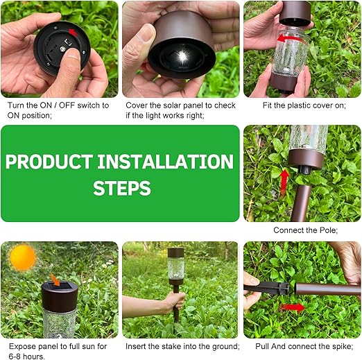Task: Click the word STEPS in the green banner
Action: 122,188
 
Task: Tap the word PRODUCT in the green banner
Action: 49,162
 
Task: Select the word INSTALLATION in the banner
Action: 165,162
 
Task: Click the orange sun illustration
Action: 22,257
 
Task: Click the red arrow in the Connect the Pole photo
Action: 284,182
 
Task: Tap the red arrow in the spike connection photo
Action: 293,307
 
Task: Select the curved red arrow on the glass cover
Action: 289,38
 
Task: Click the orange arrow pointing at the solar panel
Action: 55,280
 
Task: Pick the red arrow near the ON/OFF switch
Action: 73,33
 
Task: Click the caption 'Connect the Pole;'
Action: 305,230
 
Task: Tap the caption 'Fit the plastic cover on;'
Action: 304,105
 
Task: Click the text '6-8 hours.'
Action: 27,357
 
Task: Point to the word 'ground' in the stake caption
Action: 223,346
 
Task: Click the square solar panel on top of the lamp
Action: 60,286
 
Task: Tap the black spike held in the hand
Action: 266,287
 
